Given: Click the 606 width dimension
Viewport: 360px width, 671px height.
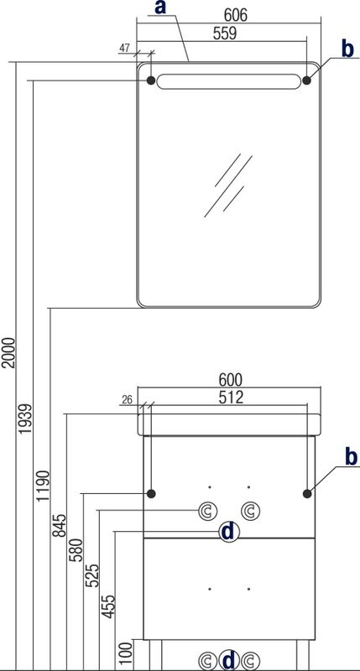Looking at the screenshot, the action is click(x=236, y=15).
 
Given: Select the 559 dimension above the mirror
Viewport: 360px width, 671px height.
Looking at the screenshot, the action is click(x=225, y=34).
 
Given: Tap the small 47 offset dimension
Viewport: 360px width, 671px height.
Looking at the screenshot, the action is click(x=124, y=48).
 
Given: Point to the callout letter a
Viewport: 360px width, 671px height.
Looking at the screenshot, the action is click(x=160, y=8).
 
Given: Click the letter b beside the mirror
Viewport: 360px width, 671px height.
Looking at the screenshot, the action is click(x=347, y=49).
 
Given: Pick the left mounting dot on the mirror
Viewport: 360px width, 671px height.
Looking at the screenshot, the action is click(x=151, y=80).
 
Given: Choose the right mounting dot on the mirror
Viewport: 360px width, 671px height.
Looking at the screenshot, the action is click(x=307, y=80).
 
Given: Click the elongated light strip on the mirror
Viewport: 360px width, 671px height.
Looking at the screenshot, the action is click(x=228, y=81).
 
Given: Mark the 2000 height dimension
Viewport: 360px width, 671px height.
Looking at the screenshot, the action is click(x=9, y=352).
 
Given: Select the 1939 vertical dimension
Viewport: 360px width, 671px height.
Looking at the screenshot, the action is click(x=26, y=419).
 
